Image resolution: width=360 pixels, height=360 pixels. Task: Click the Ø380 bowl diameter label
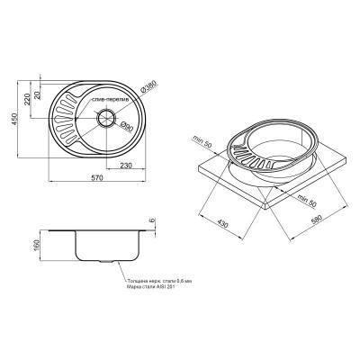coord(148,91)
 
